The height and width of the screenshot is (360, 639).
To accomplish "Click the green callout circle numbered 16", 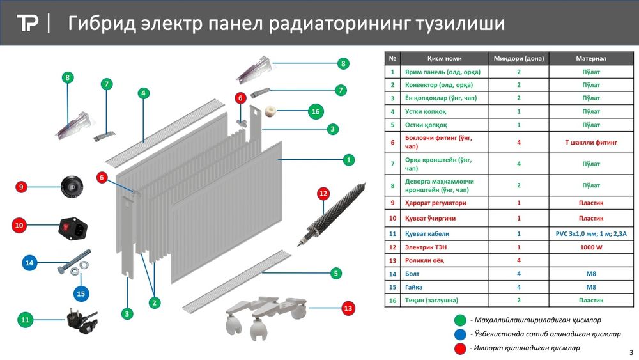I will tap(314, 111).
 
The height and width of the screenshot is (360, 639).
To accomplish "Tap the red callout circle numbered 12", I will tap(323, 193).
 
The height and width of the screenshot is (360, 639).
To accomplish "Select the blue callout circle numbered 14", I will tap(29, 262).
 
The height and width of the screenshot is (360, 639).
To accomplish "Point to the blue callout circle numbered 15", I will tap(81, 293).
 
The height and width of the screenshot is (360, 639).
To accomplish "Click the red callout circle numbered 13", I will tap(348, 308).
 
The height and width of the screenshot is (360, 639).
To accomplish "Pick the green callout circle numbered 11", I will tap(25, 319).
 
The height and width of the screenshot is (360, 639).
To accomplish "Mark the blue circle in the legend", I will tap(459, 334).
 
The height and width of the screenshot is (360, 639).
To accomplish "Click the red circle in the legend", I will tap(459, 348).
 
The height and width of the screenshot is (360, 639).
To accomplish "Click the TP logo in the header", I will tap(27, 24).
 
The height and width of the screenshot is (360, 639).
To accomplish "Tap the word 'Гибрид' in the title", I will tap(102, 24).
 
